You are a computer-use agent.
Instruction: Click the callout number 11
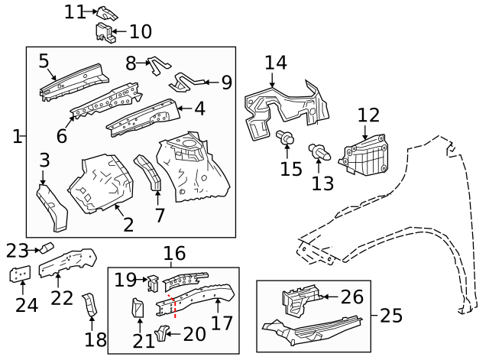74,11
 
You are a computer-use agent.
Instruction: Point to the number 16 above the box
174,253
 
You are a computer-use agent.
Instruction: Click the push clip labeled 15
287,140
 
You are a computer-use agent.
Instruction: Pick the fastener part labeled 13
317,151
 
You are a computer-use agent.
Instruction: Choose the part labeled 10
104,31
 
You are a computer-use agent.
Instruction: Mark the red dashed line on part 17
175,305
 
